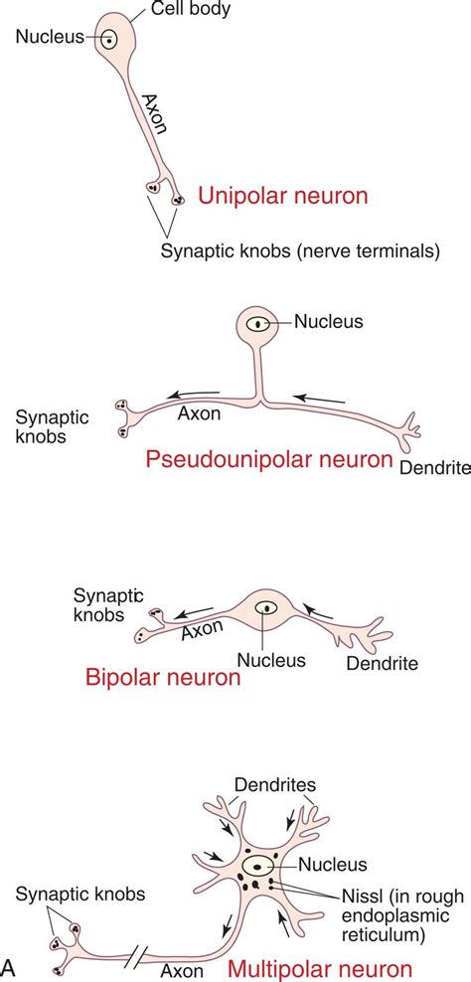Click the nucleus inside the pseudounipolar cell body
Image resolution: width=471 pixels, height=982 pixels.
pyautogui.click(x=258, y=323)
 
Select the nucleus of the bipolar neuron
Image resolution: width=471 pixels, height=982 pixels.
pyautogui.click(x=265, y=607)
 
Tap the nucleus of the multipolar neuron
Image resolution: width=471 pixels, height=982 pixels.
pyautogui.click(x=263, y=865)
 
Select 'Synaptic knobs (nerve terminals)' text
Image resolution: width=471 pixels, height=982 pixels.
pyautogui.click(x=300, y=251)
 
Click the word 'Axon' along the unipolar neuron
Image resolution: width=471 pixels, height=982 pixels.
pyautogui.click(x=154, y=114)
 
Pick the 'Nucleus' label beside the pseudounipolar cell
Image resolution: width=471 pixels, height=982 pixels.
pyautogui.click(x=330, y=321)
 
